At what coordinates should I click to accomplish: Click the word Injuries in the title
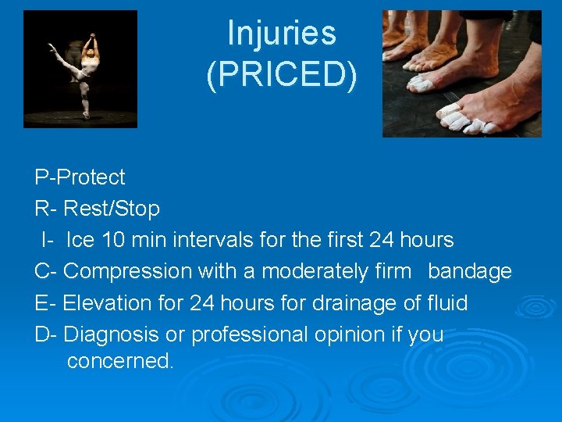[281, 34]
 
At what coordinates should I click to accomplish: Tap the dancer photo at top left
[80, 69]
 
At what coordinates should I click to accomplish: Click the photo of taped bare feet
[461, 73]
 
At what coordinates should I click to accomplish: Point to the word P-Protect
[80, 177]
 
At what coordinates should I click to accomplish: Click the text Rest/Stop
[112, 209]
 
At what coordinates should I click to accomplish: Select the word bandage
[470, 271]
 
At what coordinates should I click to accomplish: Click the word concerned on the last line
[119, 362]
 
